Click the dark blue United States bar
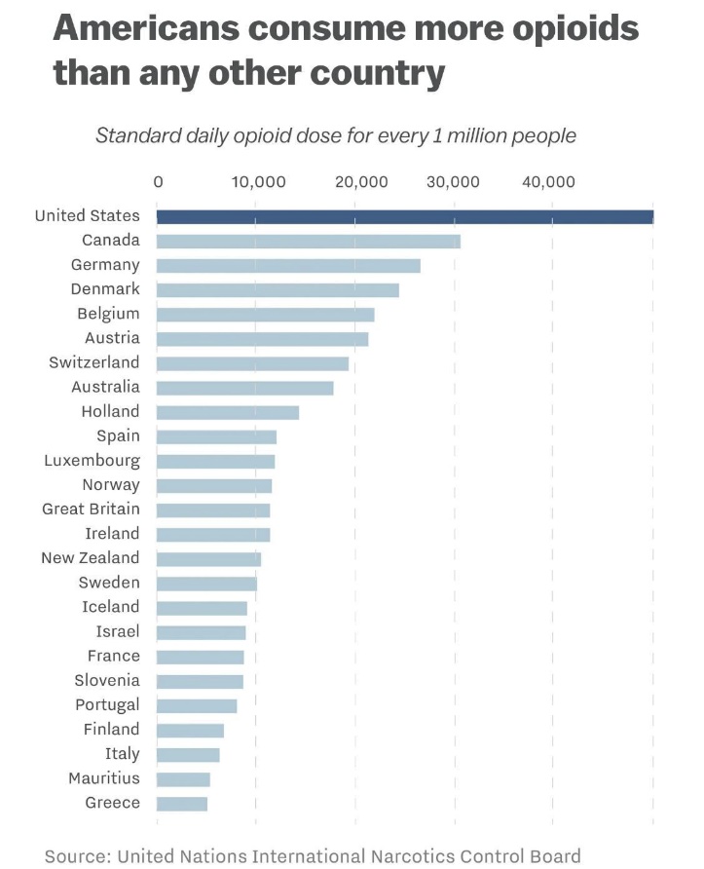(404, 216)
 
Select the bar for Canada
(308, 241)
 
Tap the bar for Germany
(288, 265)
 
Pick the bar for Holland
(227, 412)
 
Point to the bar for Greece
(181, 804)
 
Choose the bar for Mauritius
(183, 779)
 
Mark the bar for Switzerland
(252, 363)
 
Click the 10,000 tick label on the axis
(257, 181)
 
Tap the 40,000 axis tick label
(552, 181)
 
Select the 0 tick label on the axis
(158, 181)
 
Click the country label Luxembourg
(92, 460)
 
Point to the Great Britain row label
(91, 509)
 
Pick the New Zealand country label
(90, 558)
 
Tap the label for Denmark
(105, 289)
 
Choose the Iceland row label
(110, 607)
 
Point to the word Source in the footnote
(76, 856)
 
